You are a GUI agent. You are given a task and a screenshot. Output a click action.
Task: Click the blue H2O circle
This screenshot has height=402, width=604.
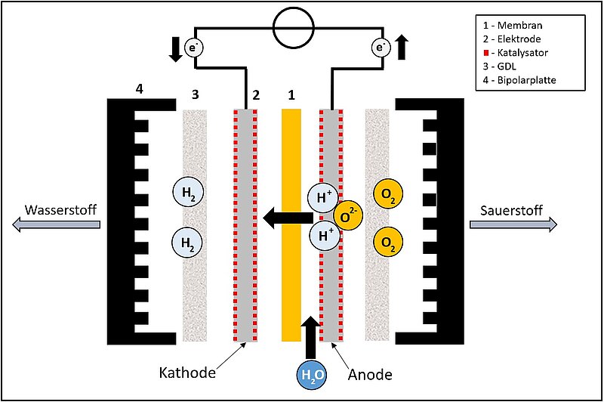tap(310, 373)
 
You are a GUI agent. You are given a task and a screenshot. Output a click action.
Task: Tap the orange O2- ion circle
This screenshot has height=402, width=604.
tap(347, 216)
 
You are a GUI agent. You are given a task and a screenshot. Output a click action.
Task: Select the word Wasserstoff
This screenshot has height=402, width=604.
tap(57, 209)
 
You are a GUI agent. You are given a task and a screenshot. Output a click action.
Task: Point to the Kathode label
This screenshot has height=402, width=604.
tap(186, 373)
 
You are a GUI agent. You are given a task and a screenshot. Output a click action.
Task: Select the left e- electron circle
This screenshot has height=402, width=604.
tap(195, 48)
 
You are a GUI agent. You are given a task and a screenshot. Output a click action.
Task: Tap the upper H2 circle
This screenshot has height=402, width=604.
tap(187, 191)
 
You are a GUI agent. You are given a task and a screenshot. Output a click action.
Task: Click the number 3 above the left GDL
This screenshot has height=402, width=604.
tap(196, 95)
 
